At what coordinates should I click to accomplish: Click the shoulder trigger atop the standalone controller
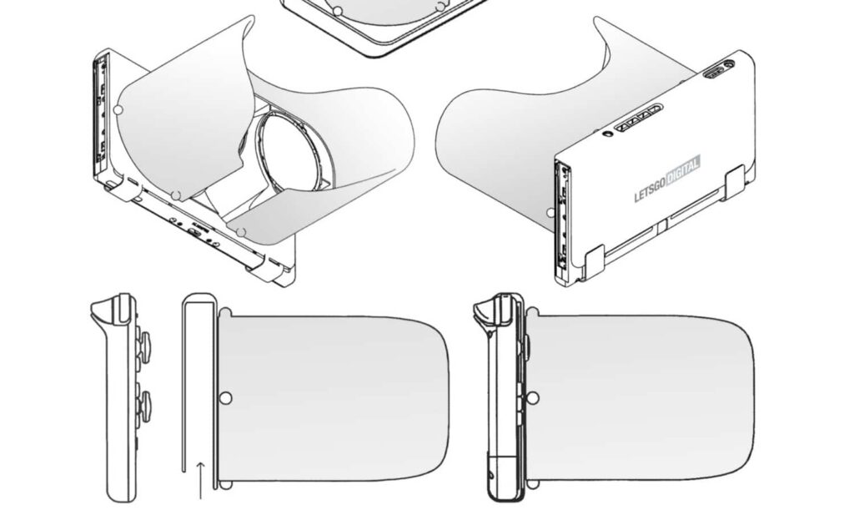(104, 310)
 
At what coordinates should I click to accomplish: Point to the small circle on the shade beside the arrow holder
(224, 398)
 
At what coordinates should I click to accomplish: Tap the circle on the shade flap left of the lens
(118, 109)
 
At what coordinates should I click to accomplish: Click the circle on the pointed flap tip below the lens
(241, 230)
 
